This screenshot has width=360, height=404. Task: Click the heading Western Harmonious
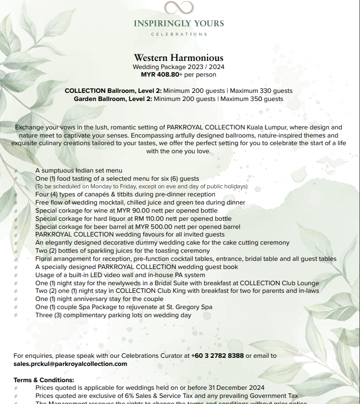click(x=178, y=58)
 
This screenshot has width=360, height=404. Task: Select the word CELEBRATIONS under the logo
click(x=179, y=34)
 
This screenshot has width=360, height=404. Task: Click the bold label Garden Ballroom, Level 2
click(x=113, y=99)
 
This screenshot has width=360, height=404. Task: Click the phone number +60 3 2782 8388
click(x=218, y=356)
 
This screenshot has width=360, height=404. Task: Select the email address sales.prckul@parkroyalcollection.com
click(x=70, y=364)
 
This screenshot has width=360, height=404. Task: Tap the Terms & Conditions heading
click(x=44, y=380)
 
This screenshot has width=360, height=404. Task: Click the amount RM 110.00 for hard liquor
click(x=155, y=219)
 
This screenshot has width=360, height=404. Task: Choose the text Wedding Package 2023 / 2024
click(x=178, y=67)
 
